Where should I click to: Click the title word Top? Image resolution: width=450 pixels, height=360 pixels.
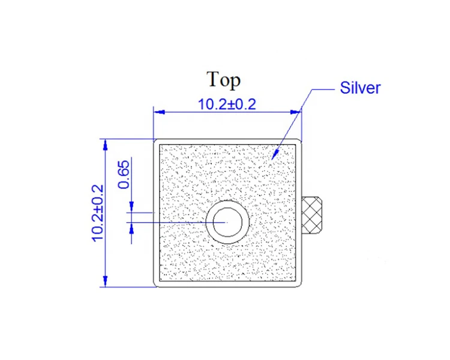(x=223, y=79)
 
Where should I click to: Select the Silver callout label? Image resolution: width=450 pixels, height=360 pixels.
(x=360, y=88)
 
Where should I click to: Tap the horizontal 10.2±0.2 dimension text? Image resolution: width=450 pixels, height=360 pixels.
(x=227, y=104)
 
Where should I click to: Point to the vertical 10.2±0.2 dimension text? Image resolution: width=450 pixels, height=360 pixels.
(x=98, y=212)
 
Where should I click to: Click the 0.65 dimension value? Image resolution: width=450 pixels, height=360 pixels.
(x=124, y=175)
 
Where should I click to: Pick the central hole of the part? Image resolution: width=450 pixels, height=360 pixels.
(x=227, y=221)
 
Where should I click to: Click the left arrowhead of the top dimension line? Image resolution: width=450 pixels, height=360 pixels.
(x=157, y=112)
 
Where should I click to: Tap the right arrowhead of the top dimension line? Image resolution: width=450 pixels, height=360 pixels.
(x=296, y=112)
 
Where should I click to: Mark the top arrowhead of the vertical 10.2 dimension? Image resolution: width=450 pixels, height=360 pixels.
(x=106, y=142)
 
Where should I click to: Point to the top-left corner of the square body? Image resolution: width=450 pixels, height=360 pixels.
(x=155, y=140)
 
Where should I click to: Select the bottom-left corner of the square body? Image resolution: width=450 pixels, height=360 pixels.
(x=155, y=286)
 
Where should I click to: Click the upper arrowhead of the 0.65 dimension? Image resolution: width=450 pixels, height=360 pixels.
(x=131, y=208)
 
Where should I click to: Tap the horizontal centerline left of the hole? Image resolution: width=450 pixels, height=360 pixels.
(x=174, y=222)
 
